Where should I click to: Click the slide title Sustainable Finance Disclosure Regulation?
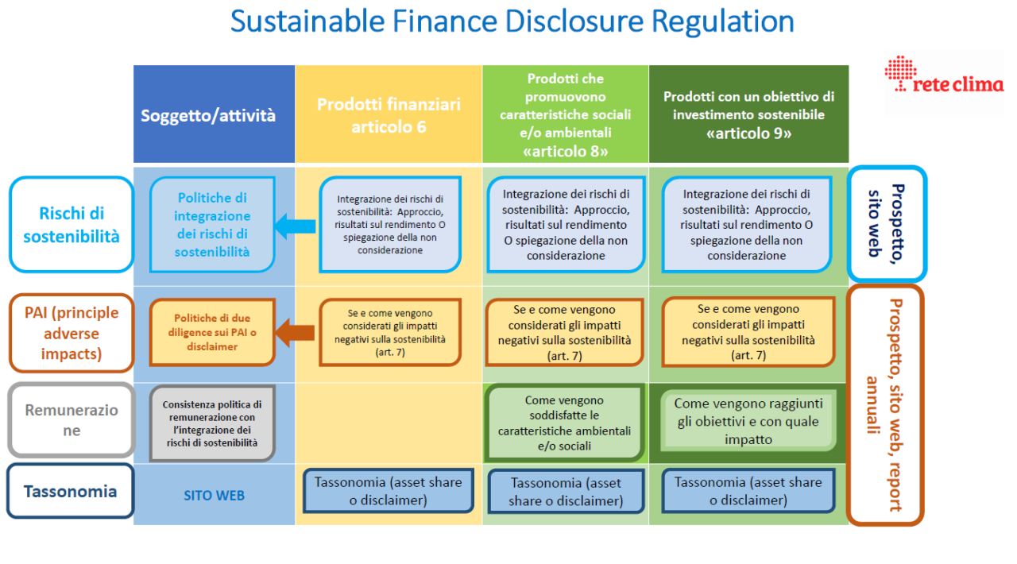[512, 21]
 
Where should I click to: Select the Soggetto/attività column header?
[208, 115]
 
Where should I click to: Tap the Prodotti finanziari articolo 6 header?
[389, 115]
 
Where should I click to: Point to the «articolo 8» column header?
[565, 115]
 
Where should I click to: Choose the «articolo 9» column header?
[748, 115]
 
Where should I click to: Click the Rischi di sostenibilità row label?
[72, 225]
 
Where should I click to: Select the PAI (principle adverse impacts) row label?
[72, 334]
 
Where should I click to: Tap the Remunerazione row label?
[72, 420]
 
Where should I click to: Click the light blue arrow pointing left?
[295, 226]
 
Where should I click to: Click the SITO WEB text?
[214, 496]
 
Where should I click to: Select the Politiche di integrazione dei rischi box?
[212, 225]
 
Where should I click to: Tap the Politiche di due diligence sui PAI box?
[212, 332]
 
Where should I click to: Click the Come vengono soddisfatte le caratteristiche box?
[564, 423]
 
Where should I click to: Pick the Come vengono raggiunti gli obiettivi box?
[748, 421]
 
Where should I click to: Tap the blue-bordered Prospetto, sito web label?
[887, 223]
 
